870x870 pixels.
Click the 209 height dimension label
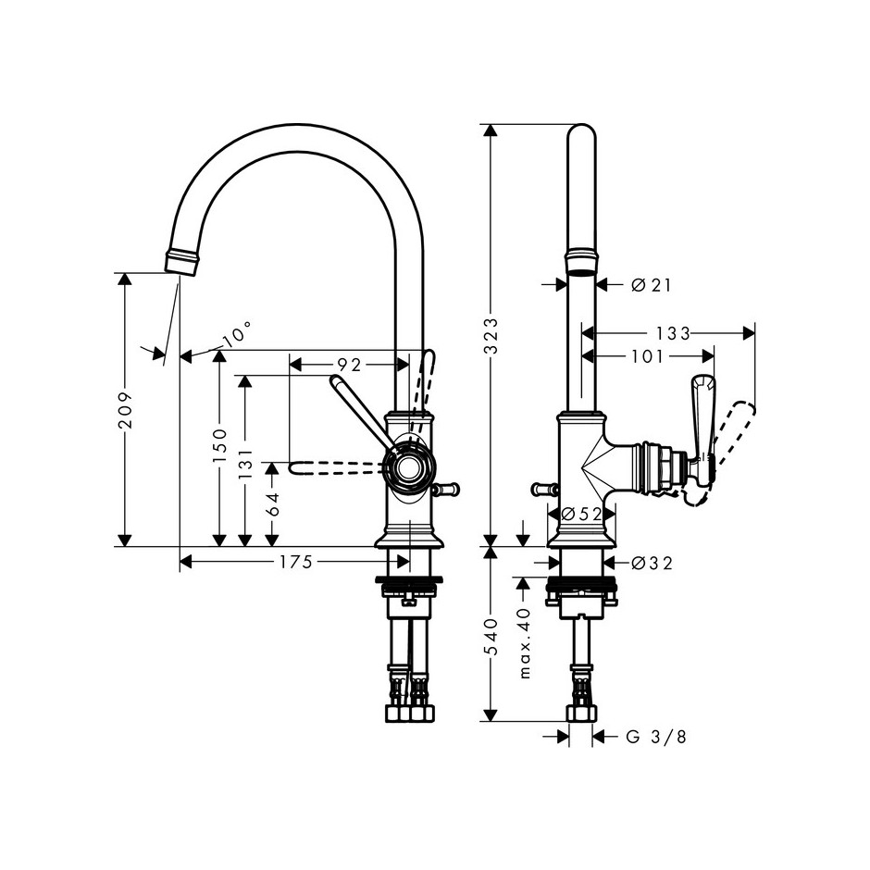(125, 410)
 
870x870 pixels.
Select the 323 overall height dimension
(491, 336)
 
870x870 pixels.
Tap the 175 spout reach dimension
(296, 562)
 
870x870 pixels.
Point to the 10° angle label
(235, 335)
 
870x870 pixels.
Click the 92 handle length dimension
(350, 365)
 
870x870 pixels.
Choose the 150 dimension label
(219, 445)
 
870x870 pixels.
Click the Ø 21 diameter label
(652, 285)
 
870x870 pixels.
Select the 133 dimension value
(673, 333)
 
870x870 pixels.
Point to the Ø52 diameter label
(581, 515)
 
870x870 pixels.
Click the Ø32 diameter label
(652, 563)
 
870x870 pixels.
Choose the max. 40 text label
(526, 643)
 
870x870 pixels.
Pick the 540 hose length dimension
(491, 637)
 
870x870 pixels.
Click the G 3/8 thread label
(656, 737)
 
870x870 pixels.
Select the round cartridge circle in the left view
(409, 466)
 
